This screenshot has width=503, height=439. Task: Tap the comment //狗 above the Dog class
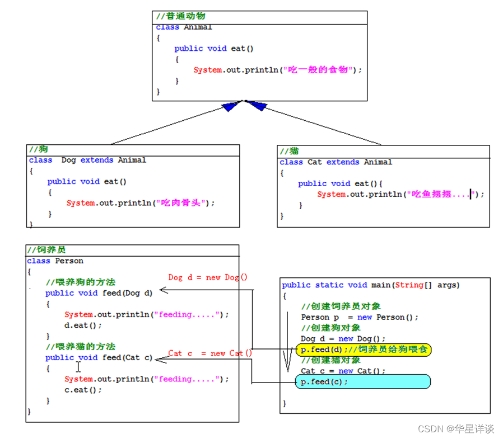click(38, 149)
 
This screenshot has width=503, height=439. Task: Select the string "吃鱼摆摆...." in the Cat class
click(442, 194)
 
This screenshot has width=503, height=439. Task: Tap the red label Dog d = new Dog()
click(208, 277)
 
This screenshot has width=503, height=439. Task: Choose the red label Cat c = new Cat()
click(210, 353)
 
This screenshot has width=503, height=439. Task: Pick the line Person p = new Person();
click(360, 317)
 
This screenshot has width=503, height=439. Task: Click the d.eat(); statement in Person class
click(83, 325)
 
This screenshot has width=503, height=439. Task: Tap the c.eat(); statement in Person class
click(83, 390)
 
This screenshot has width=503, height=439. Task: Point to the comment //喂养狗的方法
click(81, 282)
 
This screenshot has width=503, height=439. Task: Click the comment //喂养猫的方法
click(81, 347)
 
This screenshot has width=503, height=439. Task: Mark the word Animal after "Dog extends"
click(132, 160)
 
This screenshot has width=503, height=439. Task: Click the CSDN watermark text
click(455, 429)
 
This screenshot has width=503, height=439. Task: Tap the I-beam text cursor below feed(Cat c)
click(78, 367)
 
